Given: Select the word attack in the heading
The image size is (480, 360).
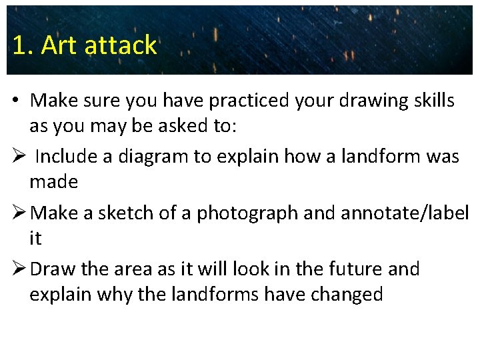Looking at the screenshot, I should click(121, 45).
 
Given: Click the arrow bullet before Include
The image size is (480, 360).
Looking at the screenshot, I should click(19, 157).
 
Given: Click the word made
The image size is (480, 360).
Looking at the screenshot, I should click(53, 181).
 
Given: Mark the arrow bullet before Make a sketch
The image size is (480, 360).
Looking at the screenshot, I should click(19, 213).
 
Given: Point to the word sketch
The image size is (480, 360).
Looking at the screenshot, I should click(129, 213).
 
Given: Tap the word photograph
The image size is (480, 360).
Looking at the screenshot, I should click(253, 213).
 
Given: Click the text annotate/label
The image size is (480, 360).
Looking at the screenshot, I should click(405, 213).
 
